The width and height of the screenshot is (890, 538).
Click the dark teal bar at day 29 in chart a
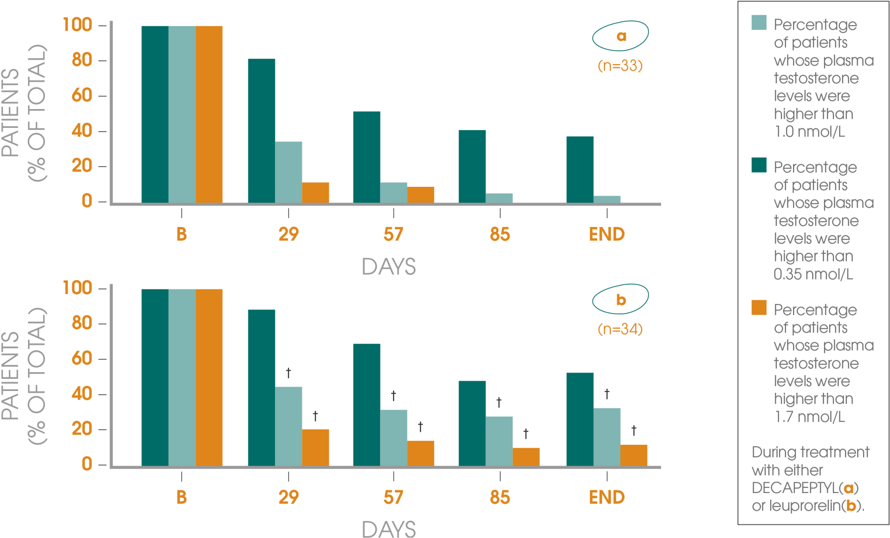(261, 131)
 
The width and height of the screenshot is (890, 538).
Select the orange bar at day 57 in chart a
(421, 194)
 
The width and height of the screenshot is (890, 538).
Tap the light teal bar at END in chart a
(607, 199)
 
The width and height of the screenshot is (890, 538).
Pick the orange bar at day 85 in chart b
(526, 457)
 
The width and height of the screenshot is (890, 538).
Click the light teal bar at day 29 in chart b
(289, 426)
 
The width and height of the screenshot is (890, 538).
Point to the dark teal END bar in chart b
(579, 419)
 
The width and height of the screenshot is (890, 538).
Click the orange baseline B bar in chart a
(209, 114)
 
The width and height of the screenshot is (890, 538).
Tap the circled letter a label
(621, 36)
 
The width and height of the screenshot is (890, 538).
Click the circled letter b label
(621, 299)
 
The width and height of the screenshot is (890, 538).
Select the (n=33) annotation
(620, 66)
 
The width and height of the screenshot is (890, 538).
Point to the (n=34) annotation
(620, 329)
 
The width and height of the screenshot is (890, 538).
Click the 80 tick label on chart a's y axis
(82, 60)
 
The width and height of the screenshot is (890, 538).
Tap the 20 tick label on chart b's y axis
(82, 429)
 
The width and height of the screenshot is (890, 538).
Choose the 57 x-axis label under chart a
(393, 234)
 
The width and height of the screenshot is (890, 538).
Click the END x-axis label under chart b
(607, 497)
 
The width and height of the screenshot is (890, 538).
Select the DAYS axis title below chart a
(388, 267)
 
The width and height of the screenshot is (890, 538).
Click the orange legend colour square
(759, 308)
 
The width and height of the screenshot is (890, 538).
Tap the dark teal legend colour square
(759, 165)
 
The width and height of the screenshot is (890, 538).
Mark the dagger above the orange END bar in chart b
(633, 430)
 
